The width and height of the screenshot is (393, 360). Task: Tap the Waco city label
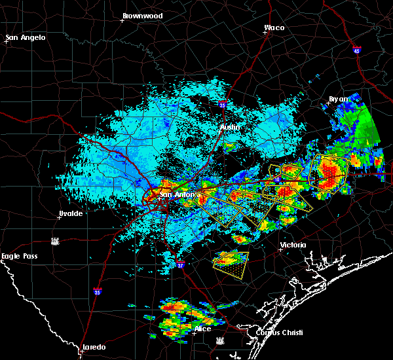click(274, 27)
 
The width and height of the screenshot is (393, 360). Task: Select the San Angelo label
click(26, 37)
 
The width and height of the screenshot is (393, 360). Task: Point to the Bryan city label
click(339, 99)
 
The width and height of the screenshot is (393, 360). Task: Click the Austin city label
click(229, 127)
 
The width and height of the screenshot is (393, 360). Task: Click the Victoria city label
click(293, 245)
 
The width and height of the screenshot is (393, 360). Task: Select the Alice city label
click(202, 328)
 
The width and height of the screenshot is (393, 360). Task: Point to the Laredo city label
click(94, 347)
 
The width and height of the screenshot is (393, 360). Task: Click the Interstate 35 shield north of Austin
click(223, 104)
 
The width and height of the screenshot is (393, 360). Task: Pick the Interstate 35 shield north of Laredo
click(97, 292)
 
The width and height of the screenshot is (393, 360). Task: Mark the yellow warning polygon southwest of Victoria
click(231, 261)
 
